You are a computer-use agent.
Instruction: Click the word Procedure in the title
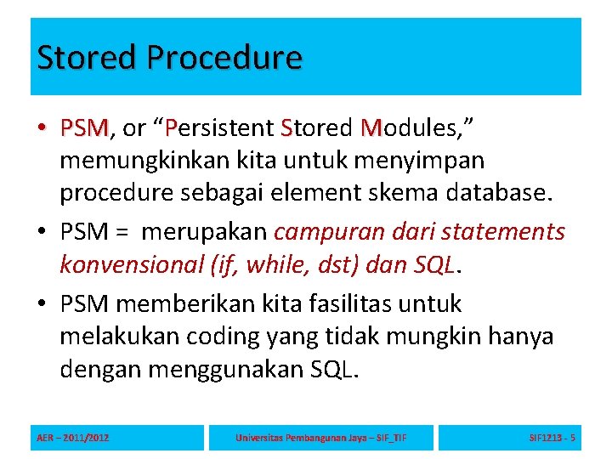[x=224, y=58]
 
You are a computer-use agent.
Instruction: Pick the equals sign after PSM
[x=122, y=231]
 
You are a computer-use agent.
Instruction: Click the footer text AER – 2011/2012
[x=73, y=438]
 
